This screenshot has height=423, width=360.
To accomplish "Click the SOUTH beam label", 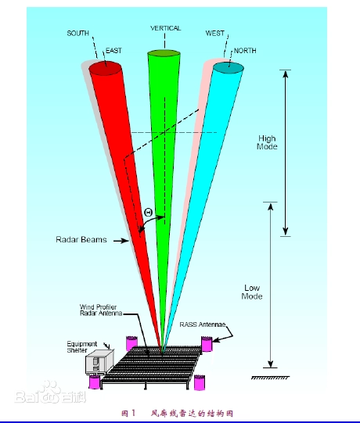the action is click(x=77, y=33).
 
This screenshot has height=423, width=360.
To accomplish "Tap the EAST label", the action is click(x=113, y=51).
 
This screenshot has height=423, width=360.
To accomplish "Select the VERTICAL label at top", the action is click(x=166, y=28).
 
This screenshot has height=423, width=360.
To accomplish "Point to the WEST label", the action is click(x=215, y=33).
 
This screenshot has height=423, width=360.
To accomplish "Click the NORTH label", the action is click(x=245, y=51).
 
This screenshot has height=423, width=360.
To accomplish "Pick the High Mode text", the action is click(x=267, y=142).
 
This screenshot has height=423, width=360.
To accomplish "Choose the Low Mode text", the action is click(x=252, y=292).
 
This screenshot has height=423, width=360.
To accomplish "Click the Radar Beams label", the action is click(x=81, y=239).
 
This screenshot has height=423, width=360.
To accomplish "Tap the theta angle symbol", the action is click(x=149, y=213).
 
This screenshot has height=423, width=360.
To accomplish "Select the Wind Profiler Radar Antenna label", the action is click(x=101, y=310).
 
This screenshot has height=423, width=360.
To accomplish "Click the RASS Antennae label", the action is click(x=203, y=324).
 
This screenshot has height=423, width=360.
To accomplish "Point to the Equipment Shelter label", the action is click(x=81, y=347).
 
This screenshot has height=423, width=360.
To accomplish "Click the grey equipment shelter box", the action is click(x=99, y=361).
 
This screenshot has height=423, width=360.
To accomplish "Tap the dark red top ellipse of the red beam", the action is click(x=105, y=69).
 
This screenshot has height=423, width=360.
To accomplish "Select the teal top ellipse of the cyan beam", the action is click(x=229, y=68).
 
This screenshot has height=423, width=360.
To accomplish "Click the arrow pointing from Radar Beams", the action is click(x=121, y=240).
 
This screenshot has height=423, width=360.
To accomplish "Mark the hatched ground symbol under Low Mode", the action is click(x=270, y=378).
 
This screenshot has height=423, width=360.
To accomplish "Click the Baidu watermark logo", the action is click(x=51, y=393).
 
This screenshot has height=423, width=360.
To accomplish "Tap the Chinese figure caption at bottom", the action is click(x=177, y=414).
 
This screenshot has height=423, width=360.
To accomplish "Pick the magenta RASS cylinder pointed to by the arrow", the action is click(x=207, y=344).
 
